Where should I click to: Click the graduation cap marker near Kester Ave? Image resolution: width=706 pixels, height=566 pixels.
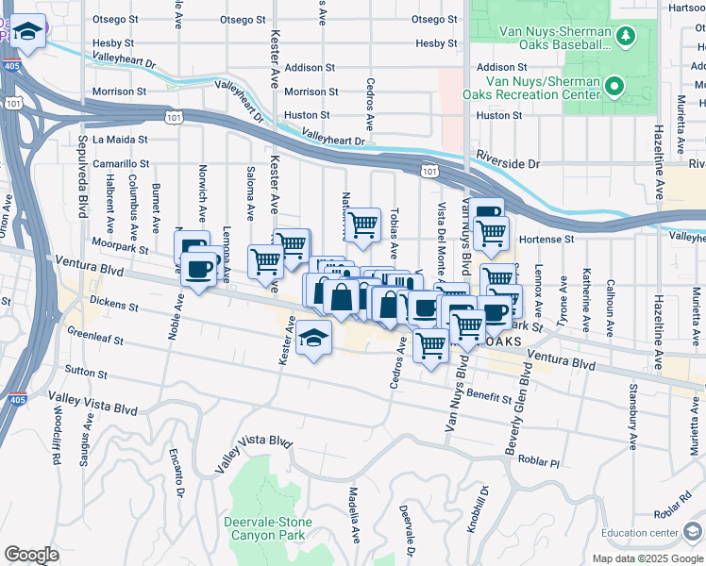click(x=312, y=339)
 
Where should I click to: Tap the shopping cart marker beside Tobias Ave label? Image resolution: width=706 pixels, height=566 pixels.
click(x=361, y=225)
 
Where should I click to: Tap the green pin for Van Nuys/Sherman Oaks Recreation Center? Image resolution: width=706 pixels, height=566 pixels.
click(x=615, y=87)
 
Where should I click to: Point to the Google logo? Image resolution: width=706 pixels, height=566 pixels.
click(x=31, y=555)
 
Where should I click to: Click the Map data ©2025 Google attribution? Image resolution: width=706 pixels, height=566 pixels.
click(x=647, y=558)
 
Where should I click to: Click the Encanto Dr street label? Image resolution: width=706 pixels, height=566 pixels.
click(x=176, y=472)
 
